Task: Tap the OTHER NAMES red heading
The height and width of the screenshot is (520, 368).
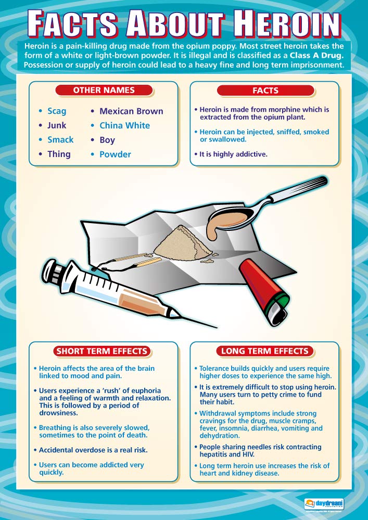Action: (x=104, y=90)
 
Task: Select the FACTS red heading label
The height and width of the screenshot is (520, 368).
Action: (x=265, y=90)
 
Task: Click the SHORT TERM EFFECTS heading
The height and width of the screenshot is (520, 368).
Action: (x=102, y=351)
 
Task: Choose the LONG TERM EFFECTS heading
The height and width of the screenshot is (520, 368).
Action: (x=265, y=351)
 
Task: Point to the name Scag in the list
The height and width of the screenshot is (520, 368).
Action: (x=57, y=111)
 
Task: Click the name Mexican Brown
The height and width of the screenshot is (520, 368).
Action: (x=131, y=111)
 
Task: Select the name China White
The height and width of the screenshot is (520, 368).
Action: (x=124, y=125)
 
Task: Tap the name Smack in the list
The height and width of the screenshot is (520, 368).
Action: (x=60, y=139)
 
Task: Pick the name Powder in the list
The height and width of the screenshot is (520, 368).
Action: (x=115, y=154)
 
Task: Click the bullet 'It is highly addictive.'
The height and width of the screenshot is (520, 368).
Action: (x=233, y=154)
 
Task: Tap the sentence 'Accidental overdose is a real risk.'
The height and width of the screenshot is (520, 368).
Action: (x=92, y=450)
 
